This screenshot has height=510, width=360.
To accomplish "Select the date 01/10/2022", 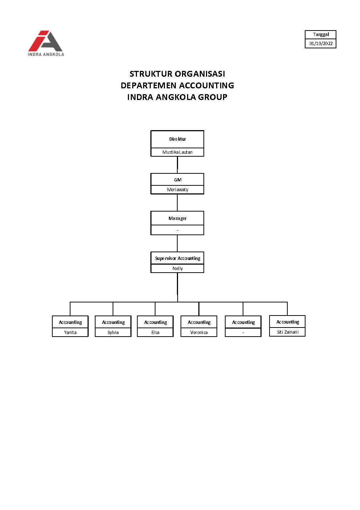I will click(x=321, y=44).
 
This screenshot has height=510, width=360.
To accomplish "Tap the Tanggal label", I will click(x=321, y=35).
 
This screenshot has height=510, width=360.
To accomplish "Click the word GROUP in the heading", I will click(x=213, y=97).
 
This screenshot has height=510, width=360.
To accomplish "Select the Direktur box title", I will click(x=177, y=139).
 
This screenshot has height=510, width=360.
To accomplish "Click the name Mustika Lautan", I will click(x=177, y=152).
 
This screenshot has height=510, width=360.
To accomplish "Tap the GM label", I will click(x=177, y=180).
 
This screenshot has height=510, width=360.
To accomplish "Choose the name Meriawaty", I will click(x=177, y=190).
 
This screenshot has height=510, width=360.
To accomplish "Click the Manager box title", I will click(x=177, y=218).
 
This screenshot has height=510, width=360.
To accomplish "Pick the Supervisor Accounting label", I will click(x=177, y=258).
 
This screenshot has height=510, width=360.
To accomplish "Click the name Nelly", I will click(x=177, y=269).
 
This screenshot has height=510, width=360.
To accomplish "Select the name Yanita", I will click(x=70, y=333).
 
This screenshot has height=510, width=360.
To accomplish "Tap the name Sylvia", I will click(x=113, y=333).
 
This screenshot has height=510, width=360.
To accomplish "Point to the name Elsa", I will click(x=155, y=333).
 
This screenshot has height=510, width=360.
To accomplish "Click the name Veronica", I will click(x=199, y=333).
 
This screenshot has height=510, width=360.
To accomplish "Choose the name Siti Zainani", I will click(x=287, y=332).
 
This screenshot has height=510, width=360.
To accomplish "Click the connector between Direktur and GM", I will click(x=177, y=165).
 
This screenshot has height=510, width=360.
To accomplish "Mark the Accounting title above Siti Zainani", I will click(x=287, y=322).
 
